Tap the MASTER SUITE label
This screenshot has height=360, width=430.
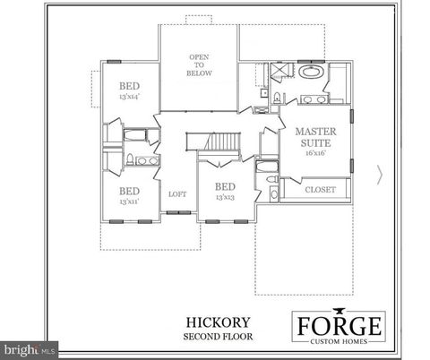pos(317,136)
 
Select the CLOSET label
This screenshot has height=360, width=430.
pos(320,190)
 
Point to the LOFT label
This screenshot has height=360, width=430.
pos(176,193)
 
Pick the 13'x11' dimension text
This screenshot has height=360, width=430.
pos(130,201)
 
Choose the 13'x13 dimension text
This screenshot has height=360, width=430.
pos(224,197)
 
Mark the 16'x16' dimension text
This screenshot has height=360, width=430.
pos(317,153)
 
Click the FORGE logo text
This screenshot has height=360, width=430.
pos(340,324)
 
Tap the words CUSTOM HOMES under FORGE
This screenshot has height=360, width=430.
pos(340,341)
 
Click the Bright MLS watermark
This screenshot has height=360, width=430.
pos(29,347)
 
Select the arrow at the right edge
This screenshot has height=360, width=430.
pos(383,176)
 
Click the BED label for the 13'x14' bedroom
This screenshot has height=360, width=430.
pos(130,87)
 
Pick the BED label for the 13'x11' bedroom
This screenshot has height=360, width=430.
pos(130,191)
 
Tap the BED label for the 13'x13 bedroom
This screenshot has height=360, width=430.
pos(224,186)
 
